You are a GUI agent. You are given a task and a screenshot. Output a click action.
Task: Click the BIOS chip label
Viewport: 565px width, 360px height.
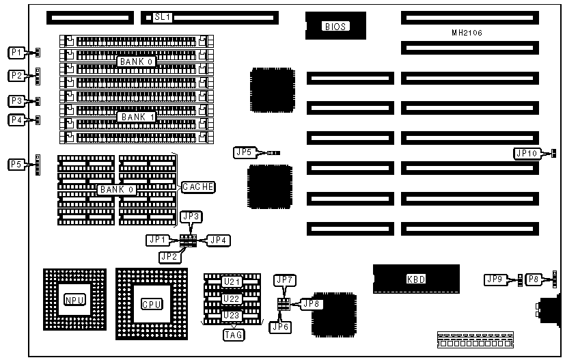point(335,27)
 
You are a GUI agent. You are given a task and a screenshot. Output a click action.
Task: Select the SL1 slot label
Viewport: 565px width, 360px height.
point(161,16)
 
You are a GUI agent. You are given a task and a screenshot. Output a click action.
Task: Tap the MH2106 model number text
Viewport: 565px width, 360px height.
point(467,32)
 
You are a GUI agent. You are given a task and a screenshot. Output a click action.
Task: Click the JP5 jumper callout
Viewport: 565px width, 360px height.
point(243,152)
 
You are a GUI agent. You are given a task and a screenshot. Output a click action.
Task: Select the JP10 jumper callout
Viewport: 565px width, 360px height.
point(526,154)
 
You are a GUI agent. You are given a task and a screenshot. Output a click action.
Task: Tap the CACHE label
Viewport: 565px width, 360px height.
point(198,186)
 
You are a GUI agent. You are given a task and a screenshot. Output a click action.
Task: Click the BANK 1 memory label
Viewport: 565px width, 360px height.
point(138,117)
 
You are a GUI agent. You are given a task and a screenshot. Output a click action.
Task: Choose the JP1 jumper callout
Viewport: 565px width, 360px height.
point(157,240)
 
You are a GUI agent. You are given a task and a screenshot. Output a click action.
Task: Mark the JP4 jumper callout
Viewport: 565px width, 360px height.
point(218,240)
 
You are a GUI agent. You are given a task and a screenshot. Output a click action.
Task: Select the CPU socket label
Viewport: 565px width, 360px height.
point(151,304)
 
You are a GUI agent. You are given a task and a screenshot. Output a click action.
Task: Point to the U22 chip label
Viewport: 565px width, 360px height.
point(232,299)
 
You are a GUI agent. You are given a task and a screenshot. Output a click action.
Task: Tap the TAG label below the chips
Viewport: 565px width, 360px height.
point(232,335)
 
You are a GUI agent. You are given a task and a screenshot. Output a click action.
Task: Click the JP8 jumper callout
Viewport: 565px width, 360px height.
point(311,303)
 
